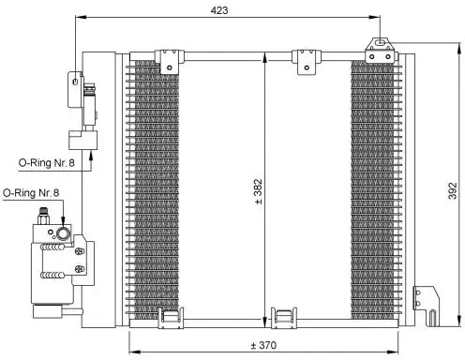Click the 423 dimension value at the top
(x=219, y=10)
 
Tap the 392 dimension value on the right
(x=452, y=190)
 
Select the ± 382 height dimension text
(x=258, y=191)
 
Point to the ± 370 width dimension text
(x=263, y=345)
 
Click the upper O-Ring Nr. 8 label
(x=47, y=162)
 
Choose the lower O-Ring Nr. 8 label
(x=31, y=193)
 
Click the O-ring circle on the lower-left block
(x=63, y=233)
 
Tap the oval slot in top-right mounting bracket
(x=380, y=43)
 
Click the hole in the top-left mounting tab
(x=170, y=67)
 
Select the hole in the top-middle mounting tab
(x=307, y=67)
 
